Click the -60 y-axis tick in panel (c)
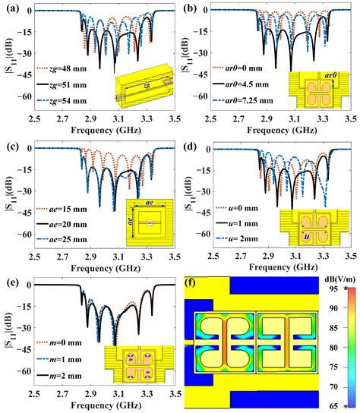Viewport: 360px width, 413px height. tap(18, 236)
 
